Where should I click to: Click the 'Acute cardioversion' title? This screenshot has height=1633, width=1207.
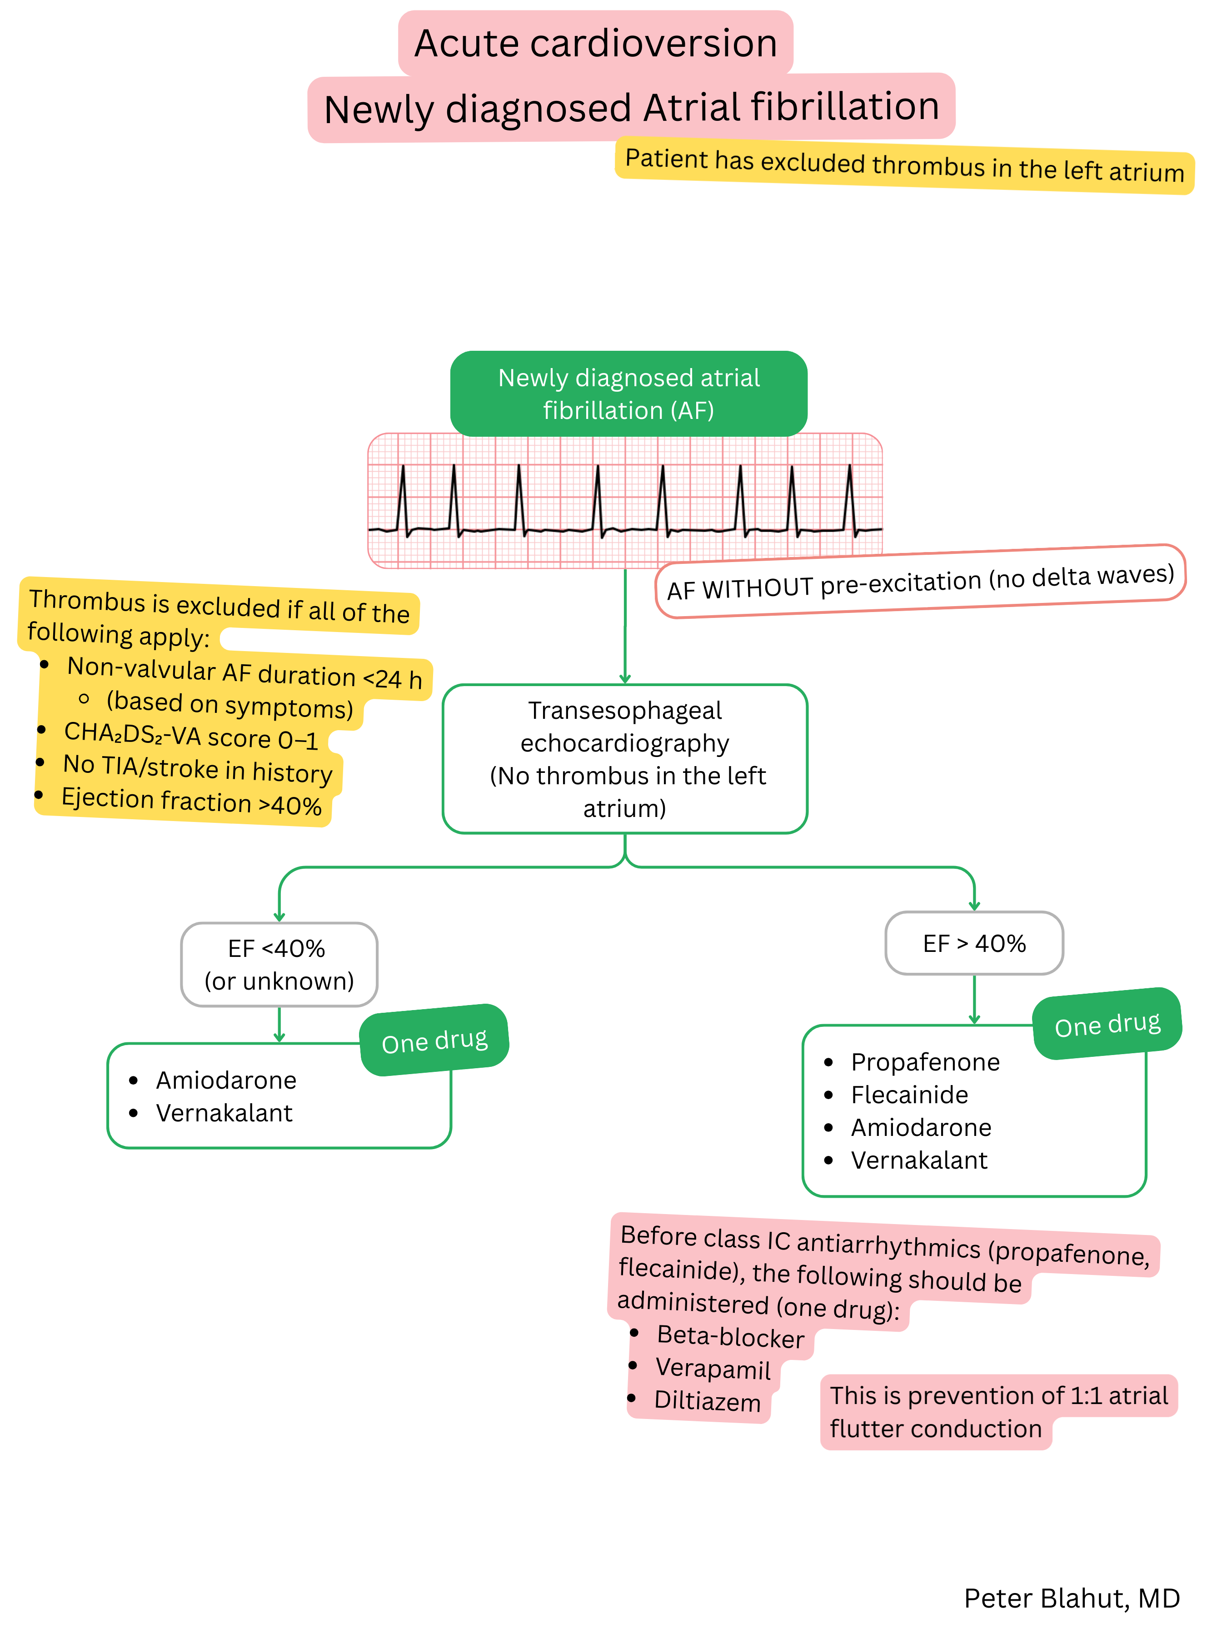(595, 43)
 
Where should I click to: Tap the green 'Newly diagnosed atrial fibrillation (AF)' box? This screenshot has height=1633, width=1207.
(628, 393)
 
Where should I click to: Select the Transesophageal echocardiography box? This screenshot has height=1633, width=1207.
(625, 759)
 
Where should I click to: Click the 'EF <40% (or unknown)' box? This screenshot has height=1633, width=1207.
(279, 964)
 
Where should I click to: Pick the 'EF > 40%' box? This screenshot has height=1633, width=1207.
(974, 943)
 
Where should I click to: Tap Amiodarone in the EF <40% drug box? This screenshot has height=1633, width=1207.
(226, 1080)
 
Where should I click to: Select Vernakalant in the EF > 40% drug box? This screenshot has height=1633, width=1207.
(919, 1160)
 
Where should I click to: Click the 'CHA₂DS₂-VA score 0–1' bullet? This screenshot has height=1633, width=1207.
(191, 736)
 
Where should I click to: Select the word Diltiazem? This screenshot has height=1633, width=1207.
(707, 1401)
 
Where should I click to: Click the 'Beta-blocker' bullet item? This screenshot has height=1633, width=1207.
(730, 1336)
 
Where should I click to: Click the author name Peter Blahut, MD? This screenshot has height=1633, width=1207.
(1071, 1598)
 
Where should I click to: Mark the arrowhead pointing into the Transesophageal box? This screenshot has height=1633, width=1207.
(625, 678)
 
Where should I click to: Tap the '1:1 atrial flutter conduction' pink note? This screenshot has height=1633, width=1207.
(998, 1412)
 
